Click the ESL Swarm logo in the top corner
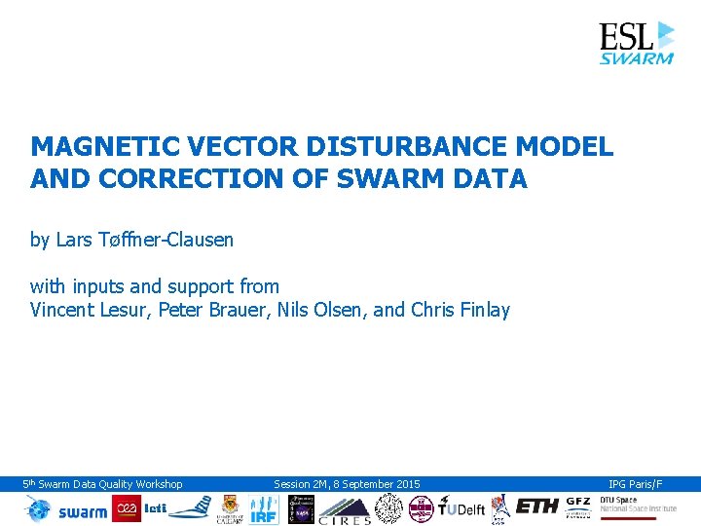pyautogui.click(x=636, y=43)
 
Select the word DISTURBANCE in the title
pyautogui.click(x=402, y=147)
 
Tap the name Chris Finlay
pyautogui.click(x=461, y=311)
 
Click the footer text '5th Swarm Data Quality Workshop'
pyautogui.click(x=103, y=484)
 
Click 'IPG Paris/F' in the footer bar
pyautogui.click(x=635, y=484)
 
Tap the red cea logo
pyautogui.click(x=127, y=508)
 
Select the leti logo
pyautogui.click(x=156, y=508)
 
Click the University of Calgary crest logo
pyautogui.click(x=230, y=507)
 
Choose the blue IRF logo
pyautogui.click(x=264, y=508)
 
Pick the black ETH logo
pyautogui.click(x=536, y=507)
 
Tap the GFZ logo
pyautogui.click(x=577, y=507)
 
